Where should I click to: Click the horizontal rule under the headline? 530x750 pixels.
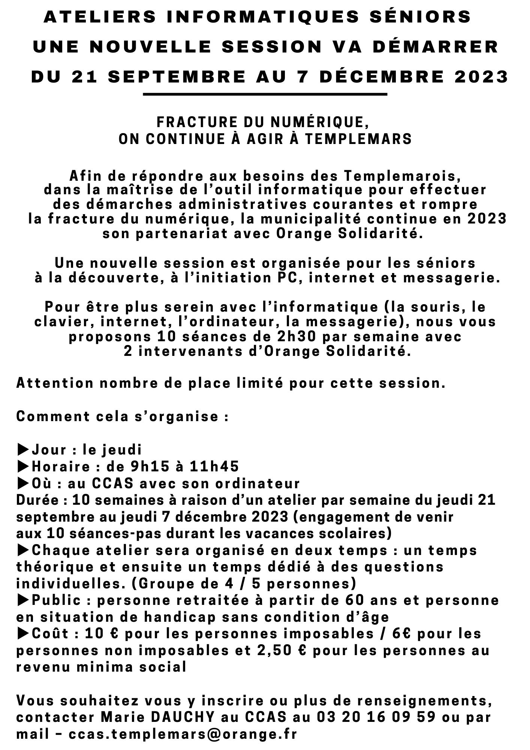point(265,94)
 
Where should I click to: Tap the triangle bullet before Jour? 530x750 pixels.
point(23,449)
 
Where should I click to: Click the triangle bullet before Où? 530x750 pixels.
point(23,483)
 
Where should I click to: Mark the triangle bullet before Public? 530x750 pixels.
point(23,600)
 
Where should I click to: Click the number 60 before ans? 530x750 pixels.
point(353,600)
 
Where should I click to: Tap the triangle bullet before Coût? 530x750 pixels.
point(23,633)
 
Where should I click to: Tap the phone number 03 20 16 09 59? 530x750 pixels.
point(376,717)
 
